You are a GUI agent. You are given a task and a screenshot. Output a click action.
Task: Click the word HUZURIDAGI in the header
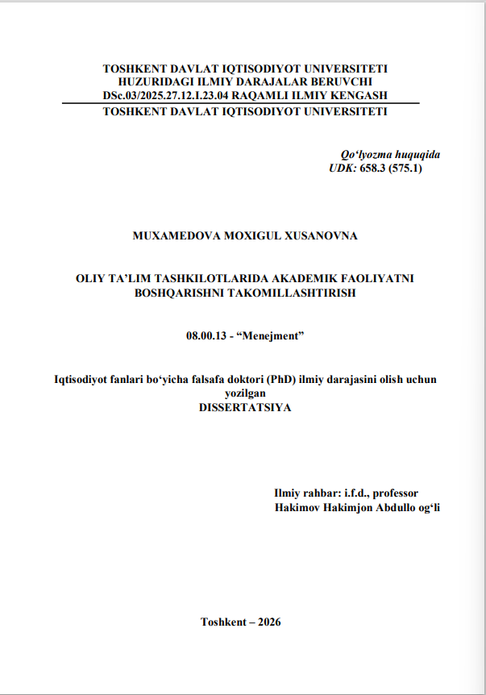pos(152,82)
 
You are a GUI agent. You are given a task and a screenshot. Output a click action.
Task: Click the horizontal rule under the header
pos(242,103)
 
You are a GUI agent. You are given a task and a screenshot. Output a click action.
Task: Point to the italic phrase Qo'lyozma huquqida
pos(390,155)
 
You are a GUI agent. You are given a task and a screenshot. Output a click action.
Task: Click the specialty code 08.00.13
pos(205,335)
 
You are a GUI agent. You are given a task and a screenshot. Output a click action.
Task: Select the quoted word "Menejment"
pos(273,335)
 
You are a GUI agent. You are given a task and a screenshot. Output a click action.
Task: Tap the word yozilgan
pos(244,393)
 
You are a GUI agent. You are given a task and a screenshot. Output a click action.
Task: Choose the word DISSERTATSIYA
pos(244,407)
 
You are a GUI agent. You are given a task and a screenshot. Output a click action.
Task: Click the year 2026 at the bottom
pos(267,622)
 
